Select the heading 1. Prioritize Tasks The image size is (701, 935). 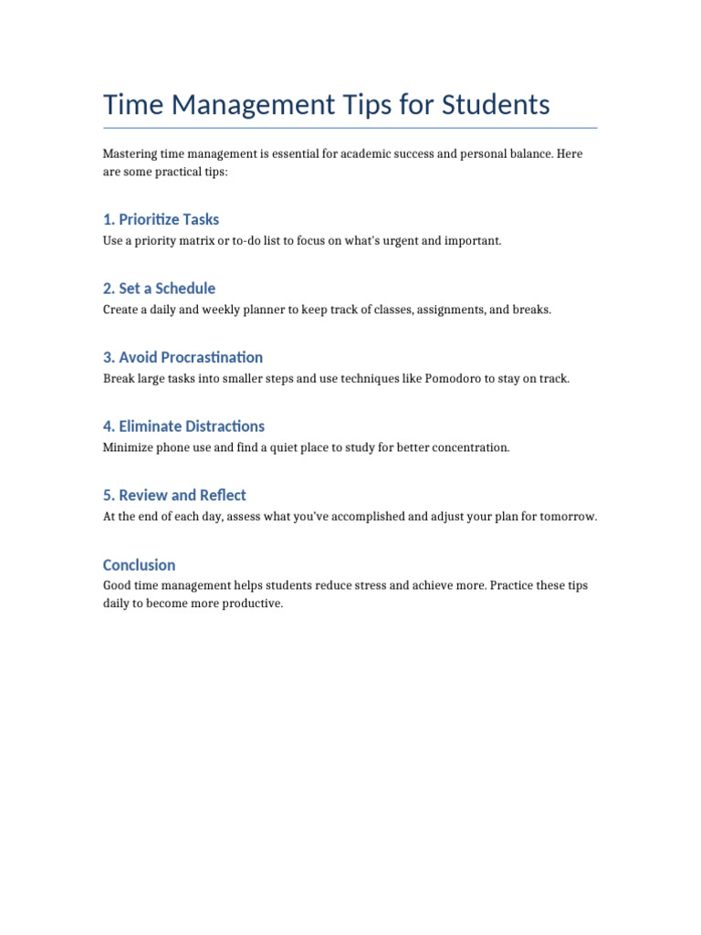(161, 219)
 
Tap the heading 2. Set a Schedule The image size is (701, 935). (159, 289)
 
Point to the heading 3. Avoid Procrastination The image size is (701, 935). (183, 357)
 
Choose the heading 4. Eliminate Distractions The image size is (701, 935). (183, 426)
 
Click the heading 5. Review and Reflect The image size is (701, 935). (174, 495)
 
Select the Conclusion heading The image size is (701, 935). (139, 564)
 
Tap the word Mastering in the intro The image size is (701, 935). (128, 153)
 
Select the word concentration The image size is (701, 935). (468, 447)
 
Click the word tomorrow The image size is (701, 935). (566, 517)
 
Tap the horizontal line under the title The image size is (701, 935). (350, 128)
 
